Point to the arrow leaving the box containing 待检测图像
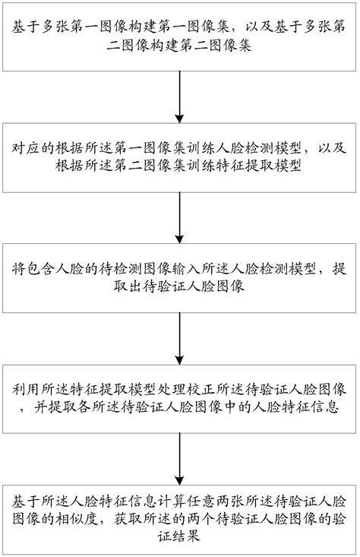(x=179, y=334)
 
